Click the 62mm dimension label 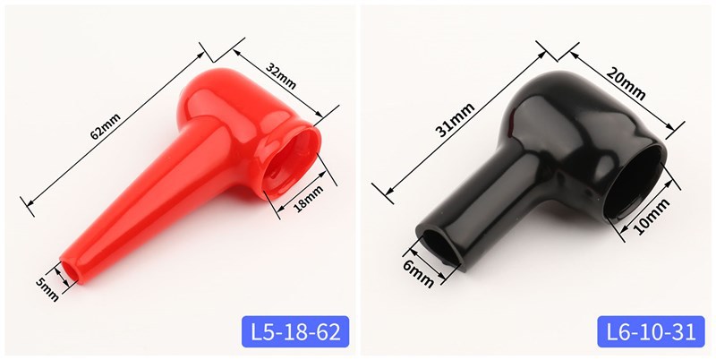(x=106, y=126)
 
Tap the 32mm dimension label (x=281, y=76)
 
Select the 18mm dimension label (x=309, y=198)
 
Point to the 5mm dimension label (x=47, y=289)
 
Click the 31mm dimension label (x=456, y=120)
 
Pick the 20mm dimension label (x=626, y=83)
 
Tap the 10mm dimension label (x=652, y=216)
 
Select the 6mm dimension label (x=418, y=274)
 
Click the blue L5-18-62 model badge (x=295, y=331)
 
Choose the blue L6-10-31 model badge (x=651, y=331)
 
